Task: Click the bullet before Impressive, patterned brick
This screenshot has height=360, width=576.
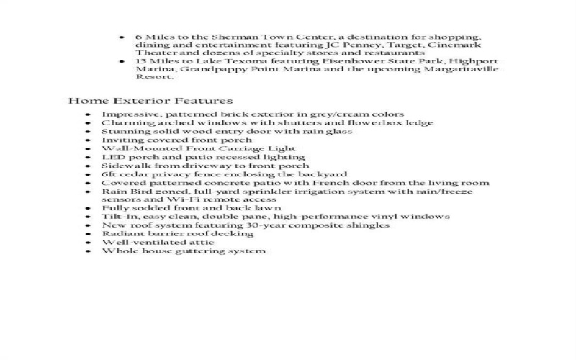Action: (87, 114)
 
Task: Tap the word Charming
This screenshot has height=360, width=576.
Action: (124, 123)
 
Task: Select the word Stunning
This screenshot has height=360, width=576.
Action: (122, 132)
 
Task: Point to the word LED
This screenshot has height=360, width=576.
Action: (111, 157)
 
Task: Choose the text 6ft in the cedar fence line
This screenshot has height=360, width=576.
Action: (109, 174)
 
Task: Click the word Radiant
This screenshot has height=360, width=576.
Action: (120, 234)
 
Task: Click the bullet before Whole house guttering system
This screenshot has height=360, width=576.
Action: (87, 251)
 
